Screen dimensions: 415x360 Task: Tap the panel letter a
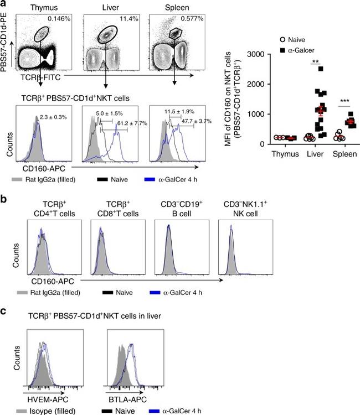tap(4, 4)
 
